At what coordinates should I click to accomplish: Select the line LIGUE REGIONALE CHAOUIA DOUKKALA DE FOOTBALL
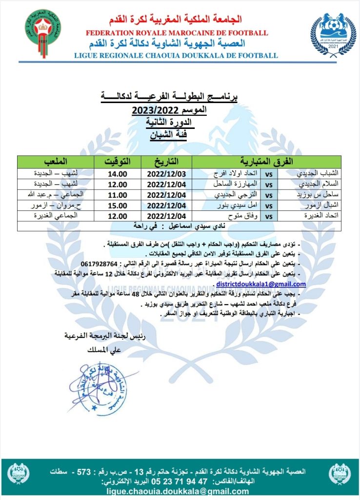point(176,55)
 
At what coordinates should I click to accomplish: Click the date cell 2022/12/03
point(166,173)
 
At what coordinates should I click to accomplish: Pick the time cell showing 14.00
point(117,173)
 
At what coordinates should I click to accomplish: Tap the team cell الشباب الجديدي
point(318,173)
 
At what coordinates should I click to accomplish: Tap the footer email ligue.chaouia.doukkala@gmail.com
point(180,491)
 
